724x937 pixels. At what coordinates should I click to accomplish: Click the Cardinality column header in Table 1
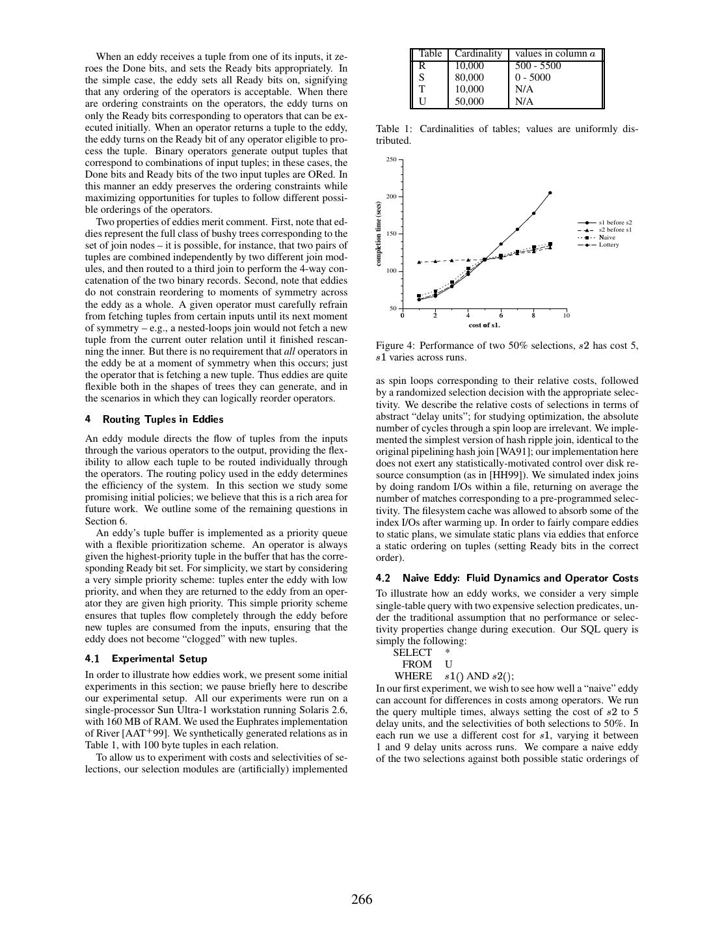point(478,53)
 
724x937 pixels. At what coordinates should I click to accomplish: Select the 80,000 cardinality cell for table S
point(469,77)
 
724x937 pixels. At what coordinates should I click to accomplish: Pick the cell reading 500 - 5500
point(538,66)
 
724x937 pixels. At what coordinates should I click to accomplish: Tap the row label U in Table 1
point(422,102)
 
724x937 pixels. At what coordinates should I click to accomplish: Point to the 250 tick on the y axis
point(391,159)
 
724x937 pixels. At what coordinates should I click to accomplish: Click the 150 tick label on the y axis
point(391,234)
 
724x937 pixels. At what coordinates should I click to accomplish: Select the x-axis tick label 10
point(567,316)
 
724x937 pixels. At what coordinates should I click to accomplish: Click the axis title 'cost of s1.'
point(485,325)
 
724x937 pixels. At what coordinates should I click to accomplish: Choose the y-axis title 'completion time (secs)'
point(378,234)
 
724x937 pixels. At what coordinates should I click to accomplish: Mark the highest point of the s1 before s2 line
point(550,193)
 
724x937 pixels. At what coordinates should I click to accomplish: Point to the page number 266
point(362,900)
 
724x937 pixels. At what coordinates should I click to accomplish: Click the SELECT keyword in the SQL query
point(412,653)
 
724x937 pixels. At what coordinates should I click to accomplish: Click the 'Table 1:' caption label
point(393,129)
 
